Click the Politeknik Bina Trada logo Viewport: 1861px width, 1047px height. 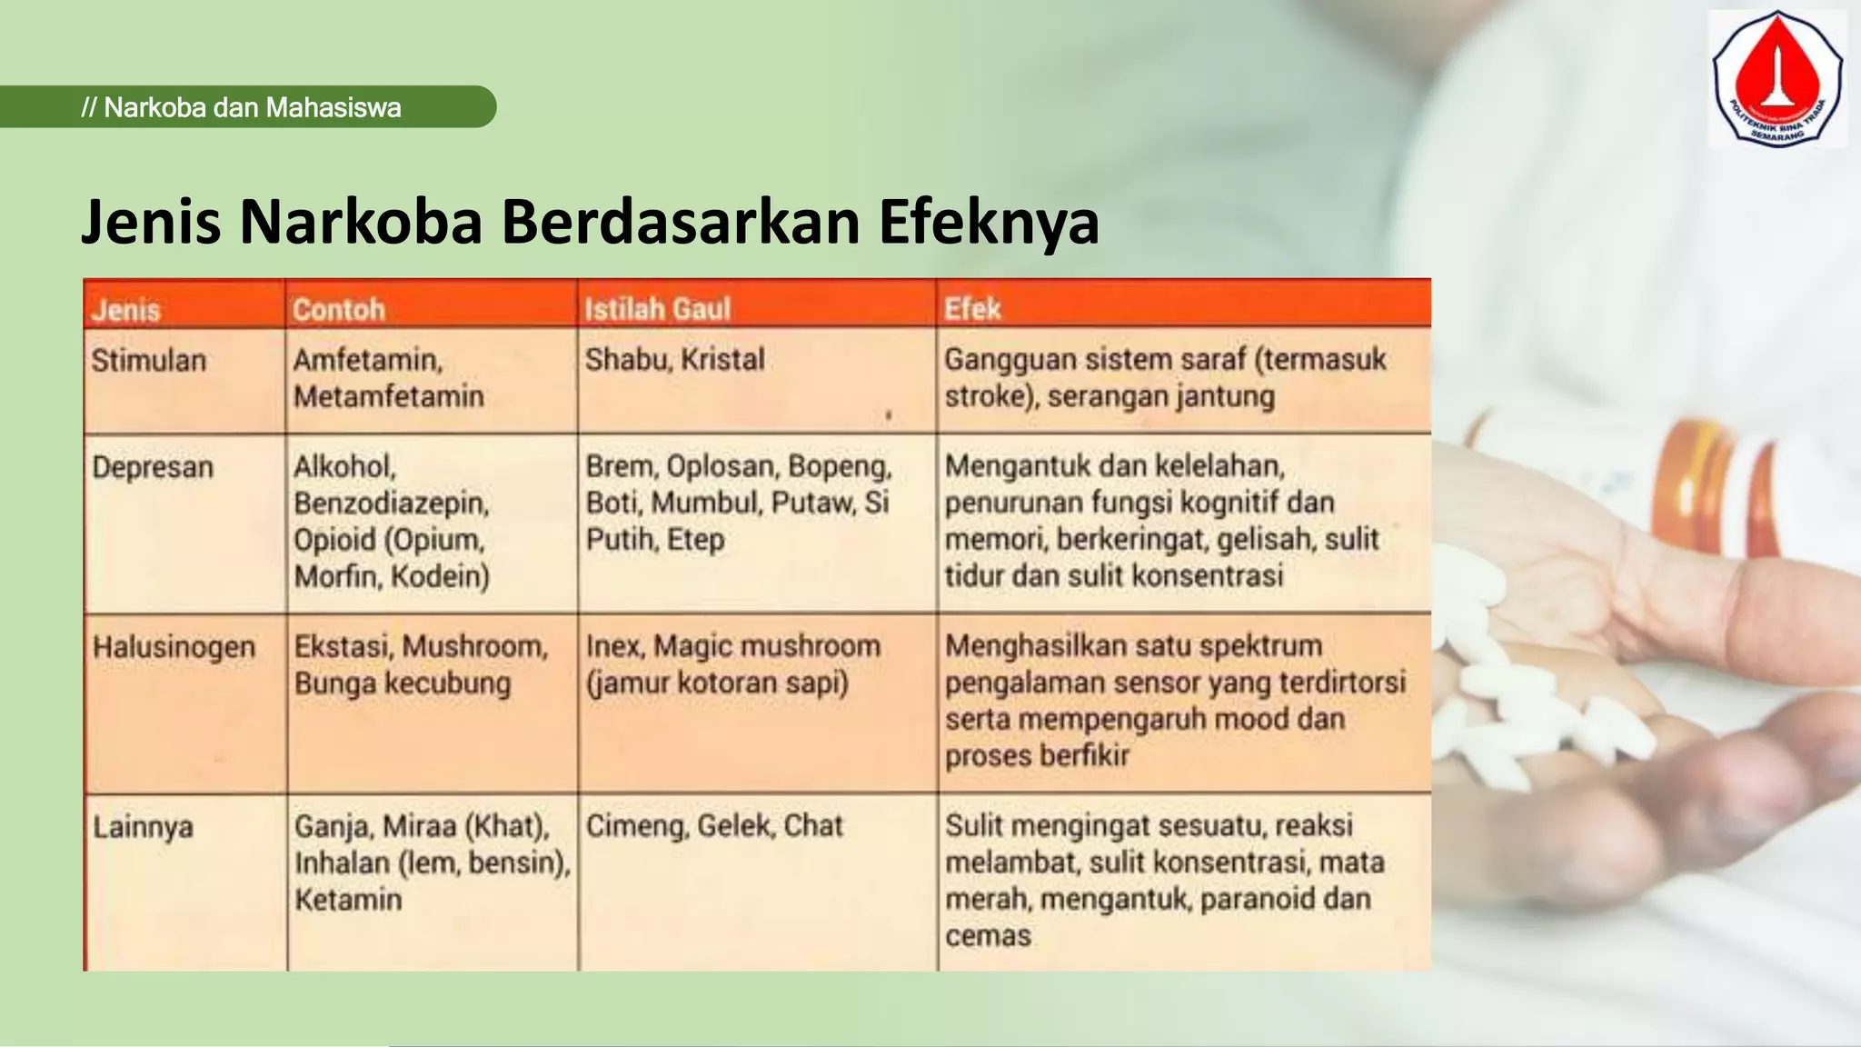click(x=1776, y=79)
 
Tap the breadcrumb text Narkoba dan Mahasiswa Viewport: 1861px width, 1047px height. click(x=252, y=108)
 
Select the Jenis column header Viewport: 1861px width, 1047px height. click(x=126, y=311)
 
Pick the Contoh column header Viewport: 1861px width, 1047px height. click(x=339, y=310)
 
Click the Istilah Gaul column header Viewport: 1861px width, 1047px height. click(x=657, y=309)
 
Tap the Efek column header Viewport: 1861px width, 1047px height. click(x=971, y=309)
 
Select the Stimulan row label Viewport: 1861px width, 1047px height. click(x=149, y=361)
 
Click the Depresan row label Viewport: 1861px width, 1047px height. click(x=153, y=467)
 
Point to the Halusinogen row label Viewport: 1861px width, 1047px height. click(x=174, y=647)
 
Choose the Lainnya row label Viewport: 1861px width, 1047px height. click(x=143, y=827)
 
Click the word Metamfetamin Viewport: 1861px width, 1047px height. click(x=389, y=397)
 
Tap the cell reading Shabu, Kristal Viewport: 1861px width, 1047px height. click(x=674, y=360)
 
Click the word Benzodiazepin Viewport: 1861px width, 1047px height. click(x=392, y=504)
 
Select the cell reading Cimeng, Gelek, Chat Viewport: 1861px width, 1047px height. click(x=714, y=826)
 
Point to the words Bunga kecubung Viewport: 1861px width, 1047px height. click(x=403, y=683)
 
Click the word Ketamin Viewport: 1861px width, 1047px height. click(x=348, y=900)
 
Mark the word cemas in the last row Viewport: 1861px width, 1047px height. click(x=988, y=936)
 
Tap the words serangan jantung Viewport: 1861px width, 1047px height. click(x=1161, y=397)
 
